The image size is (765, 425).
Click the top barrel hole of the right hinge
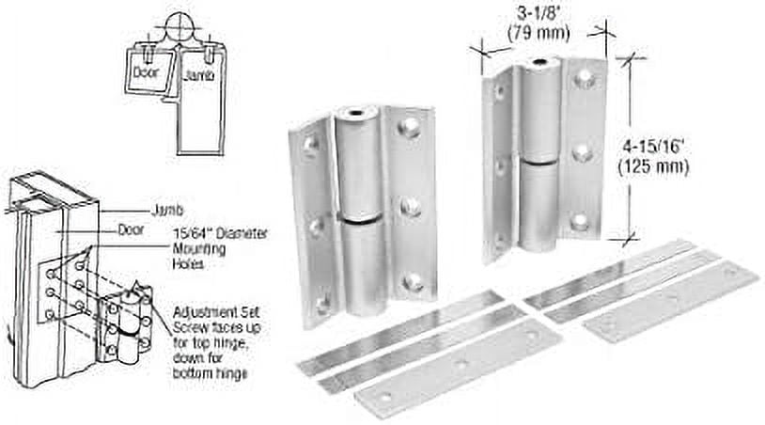click(539, 65)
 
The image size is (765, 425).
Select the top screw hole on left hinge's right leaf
click(411, 128)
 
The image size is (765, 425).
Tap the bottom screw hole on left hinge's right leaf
click(411, 281)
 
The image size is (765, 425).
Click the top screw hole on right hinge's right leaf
click(584, 80)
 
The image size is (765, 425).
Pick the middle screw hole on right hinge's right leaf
click(583, 150)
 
